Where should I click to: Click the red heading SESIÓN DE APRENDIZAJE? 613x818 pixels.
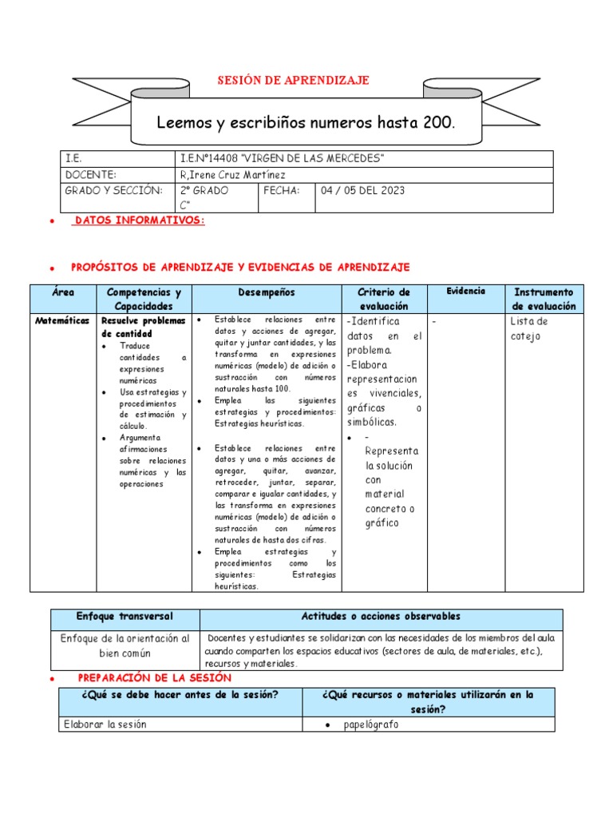[x=294, y=81]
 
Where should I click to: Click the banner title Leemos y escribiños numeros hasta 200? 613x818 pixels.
[x=306, y=123]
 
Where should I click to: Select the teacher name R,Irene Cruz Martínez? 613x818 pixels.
[x=233, y=175]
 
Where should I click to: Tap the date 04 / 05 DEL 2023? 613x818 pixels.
[x=362, y=191]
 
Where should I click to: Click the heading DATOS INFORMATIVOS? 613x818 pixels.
[x=139, y=220]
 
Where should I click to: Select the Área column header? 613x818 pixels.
[x=63, y=292]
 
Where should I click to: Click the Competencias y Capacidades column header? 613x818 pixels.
[x=144, y=299]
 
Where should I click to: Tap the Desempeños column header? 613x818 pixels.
[x=267, y=292]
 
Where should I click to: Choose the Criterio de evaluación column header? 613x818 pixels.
[x=384, y=299]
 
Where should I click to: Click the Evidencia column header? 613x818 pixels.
[x=465, y=292]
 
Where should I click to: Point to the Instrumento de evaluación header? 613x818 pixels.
[x=544, y=299]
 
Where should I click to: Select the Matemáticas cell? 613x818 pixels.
[x=63, y=320]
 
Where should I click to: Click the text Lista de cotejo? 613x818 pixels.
[x=528, y=328]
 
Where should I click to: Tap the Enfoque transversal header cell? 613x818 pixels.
[x=125, y=617]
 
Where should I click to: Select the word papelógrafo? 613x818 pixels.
[x=372, y=725]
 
